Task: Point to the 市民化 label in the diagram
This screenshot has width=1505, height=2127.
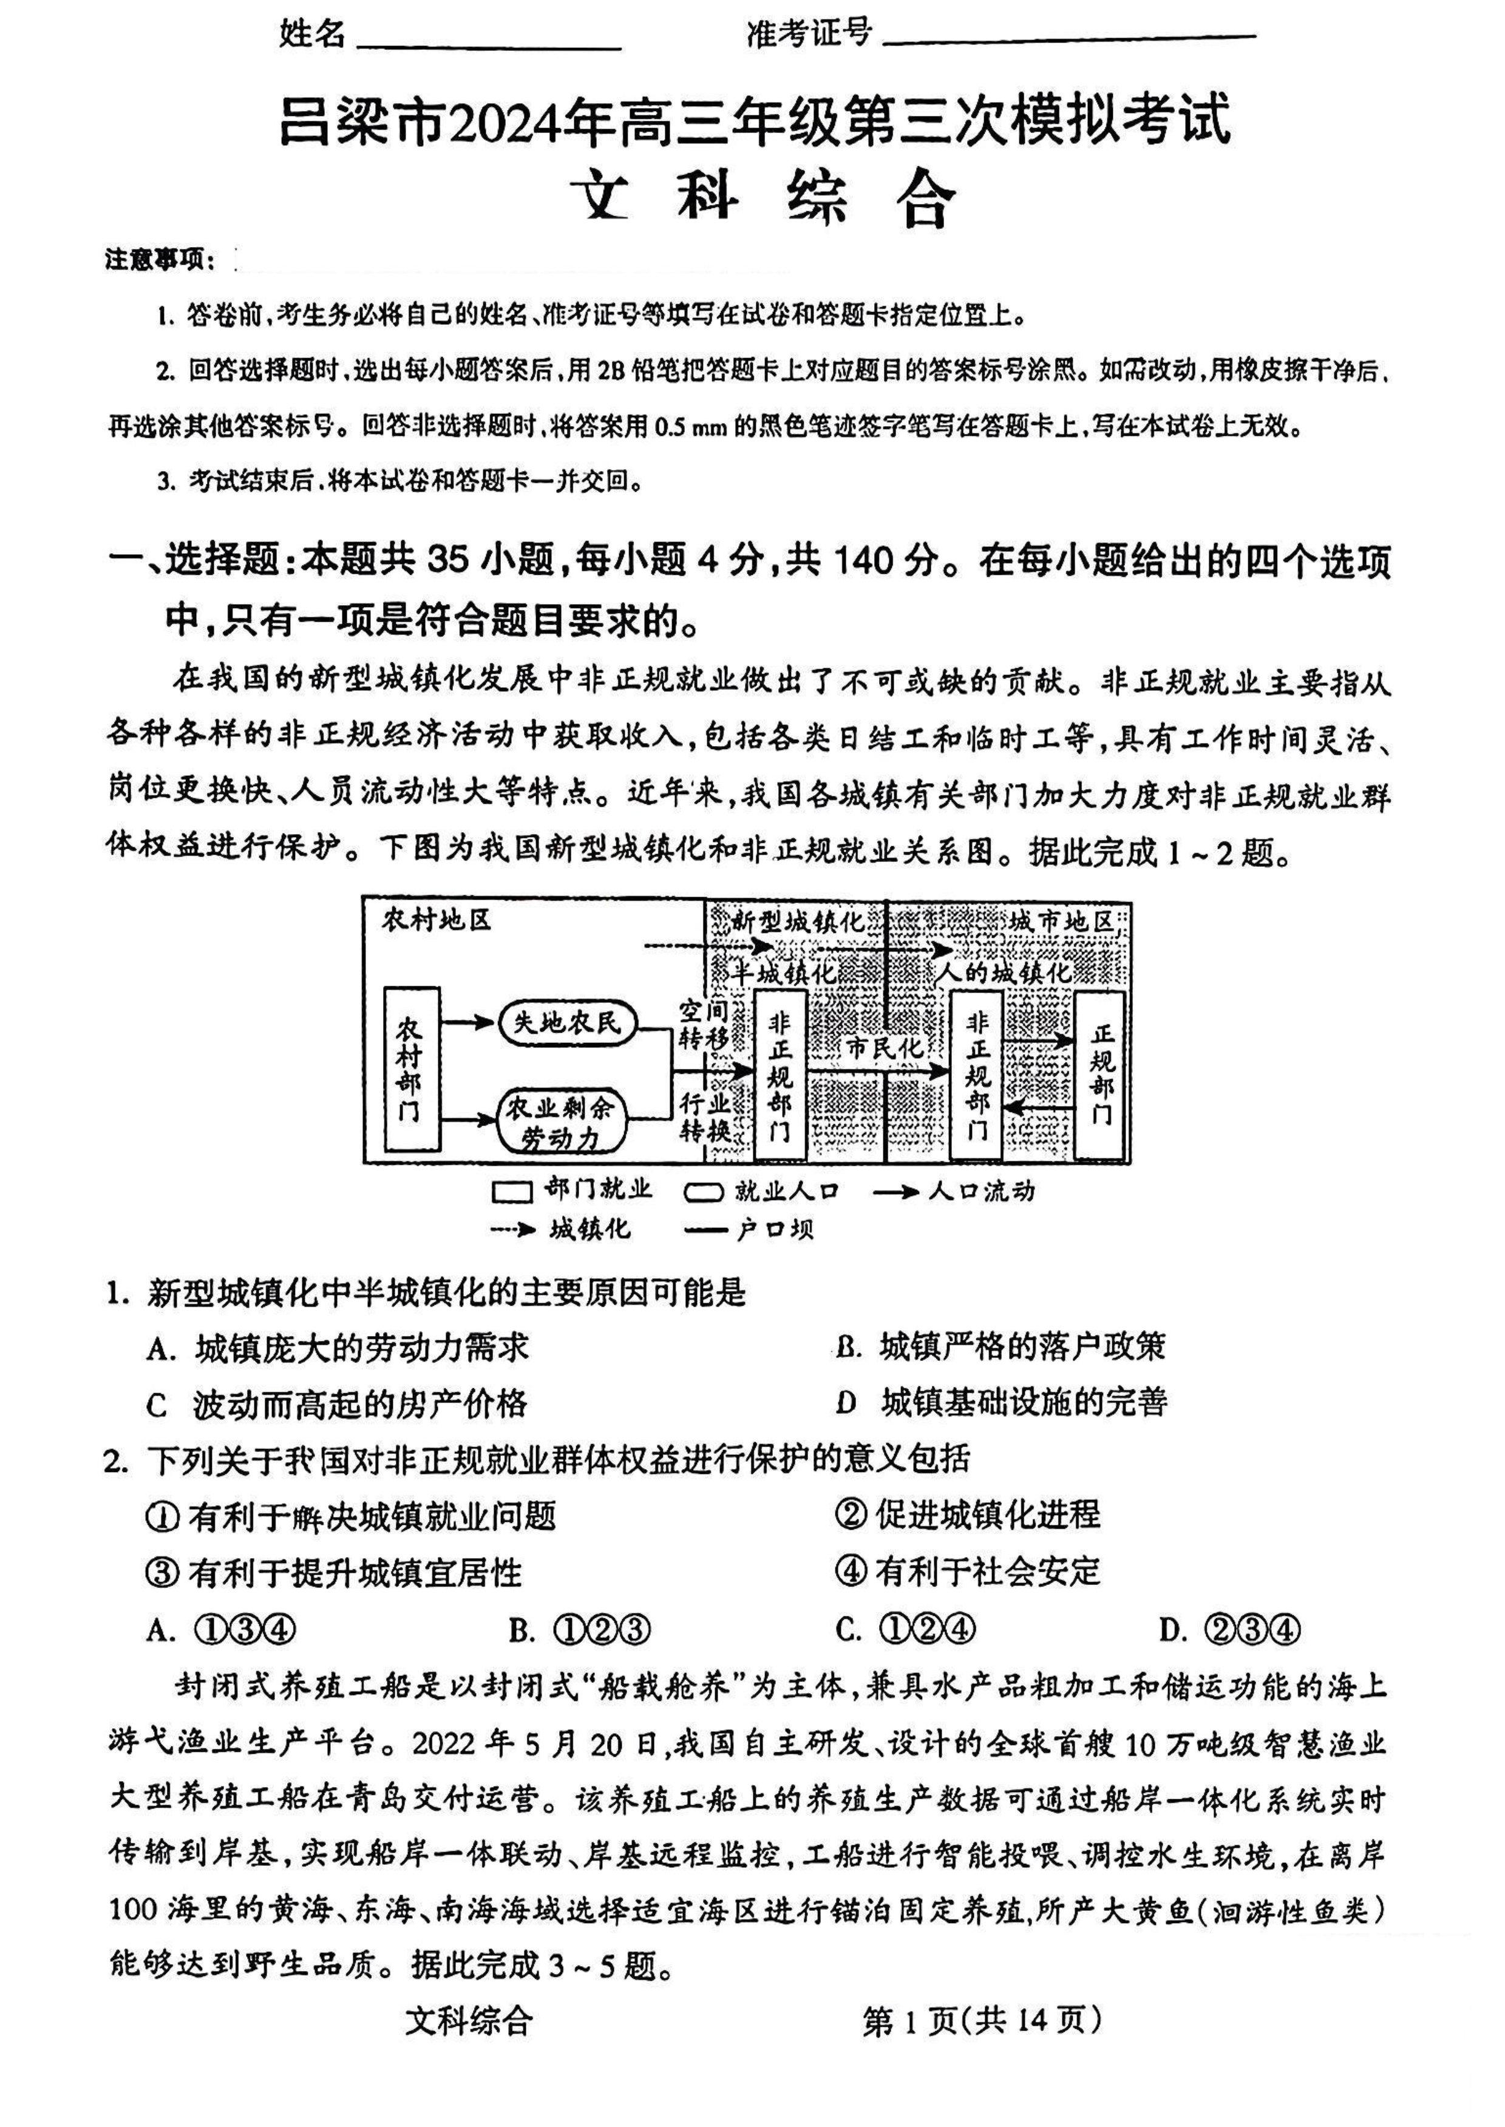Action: pos(885,1048)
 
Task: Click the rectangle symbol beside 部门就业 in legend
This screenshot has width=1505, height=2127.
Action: pos(512,1192)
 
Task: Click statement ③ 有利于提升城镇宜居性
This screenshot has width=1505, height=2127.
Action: pos(335,1572)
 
